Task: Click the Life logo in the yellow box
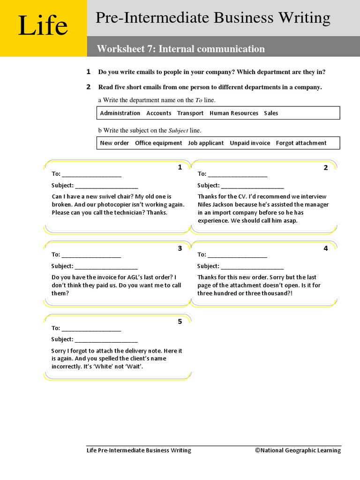point(43,26)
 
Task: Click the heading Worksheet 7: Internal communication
point(180,49)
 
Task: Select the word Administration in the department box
point(120,113)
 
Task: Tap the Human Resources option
point(234,113)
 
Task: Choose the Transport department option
point(190,113)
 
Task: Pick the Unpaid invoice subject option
point(250,143)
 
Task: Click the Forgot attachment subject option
point(301,143)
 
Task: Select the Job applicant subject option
point(206,143)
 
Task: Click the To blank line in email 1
point(91,175)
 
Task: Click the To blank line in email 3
point(91,255)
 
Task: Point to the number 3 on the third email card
point(180,248)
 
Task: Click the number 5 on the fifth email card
point(180,322)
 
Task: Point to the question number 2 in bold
point(88,87)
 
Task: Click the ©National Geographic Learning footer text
point(298,450)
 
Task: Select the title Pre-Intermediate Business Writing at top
point(213,18)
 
